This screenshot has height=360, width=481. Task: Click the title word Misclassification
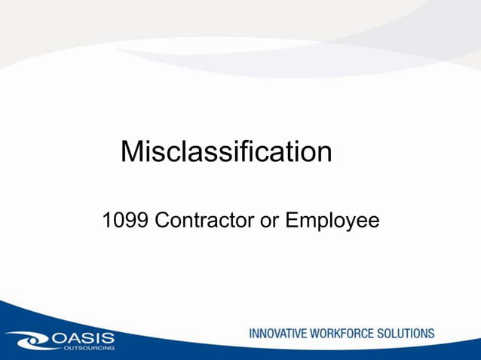tap(226, 152)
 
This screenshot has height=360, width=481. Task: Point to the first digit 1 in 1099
tap(107, 221)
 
